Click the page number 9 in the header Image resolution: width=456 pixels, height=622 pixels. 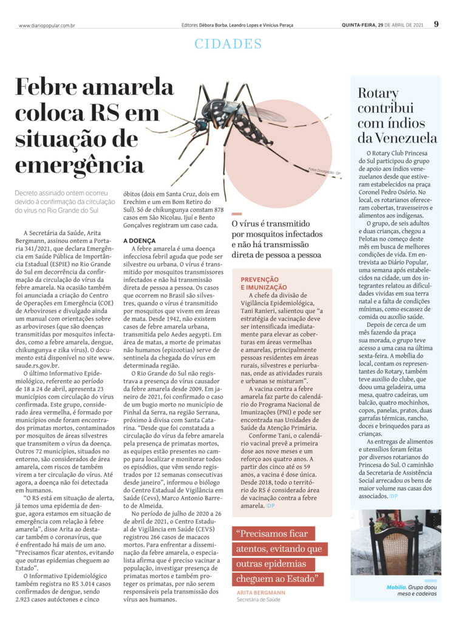click(437, 24)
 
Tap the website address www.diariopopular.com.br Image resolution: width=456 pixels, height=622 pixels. click(47, 26)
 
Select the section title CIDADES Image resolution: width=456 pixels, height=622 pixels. click(228, 44)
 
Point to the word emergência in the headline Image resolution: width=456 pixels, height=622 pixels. click(80, 164)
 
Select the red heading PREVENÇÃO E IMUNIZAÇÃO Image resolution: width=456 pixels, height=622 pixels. click(264, 282)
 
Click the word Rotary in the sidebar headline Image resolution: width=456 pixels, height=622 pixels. click(378, 94)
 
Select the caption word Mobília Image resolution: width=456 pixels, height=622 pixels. click(396, 587)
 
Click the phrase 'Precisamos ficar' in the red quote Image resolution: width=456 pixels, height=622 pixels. click(274, 535)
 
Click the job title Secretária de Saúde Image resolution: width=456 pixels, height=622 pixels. click(259, 600)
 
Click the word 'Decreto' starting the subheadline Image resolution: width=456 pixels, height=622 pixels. click(29, 193)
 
